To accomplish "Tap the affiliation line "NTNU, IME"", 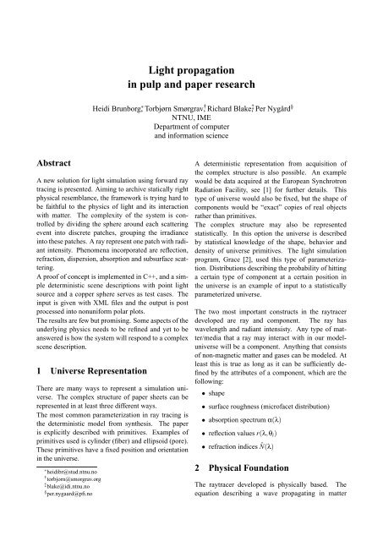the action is (191, 122).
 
